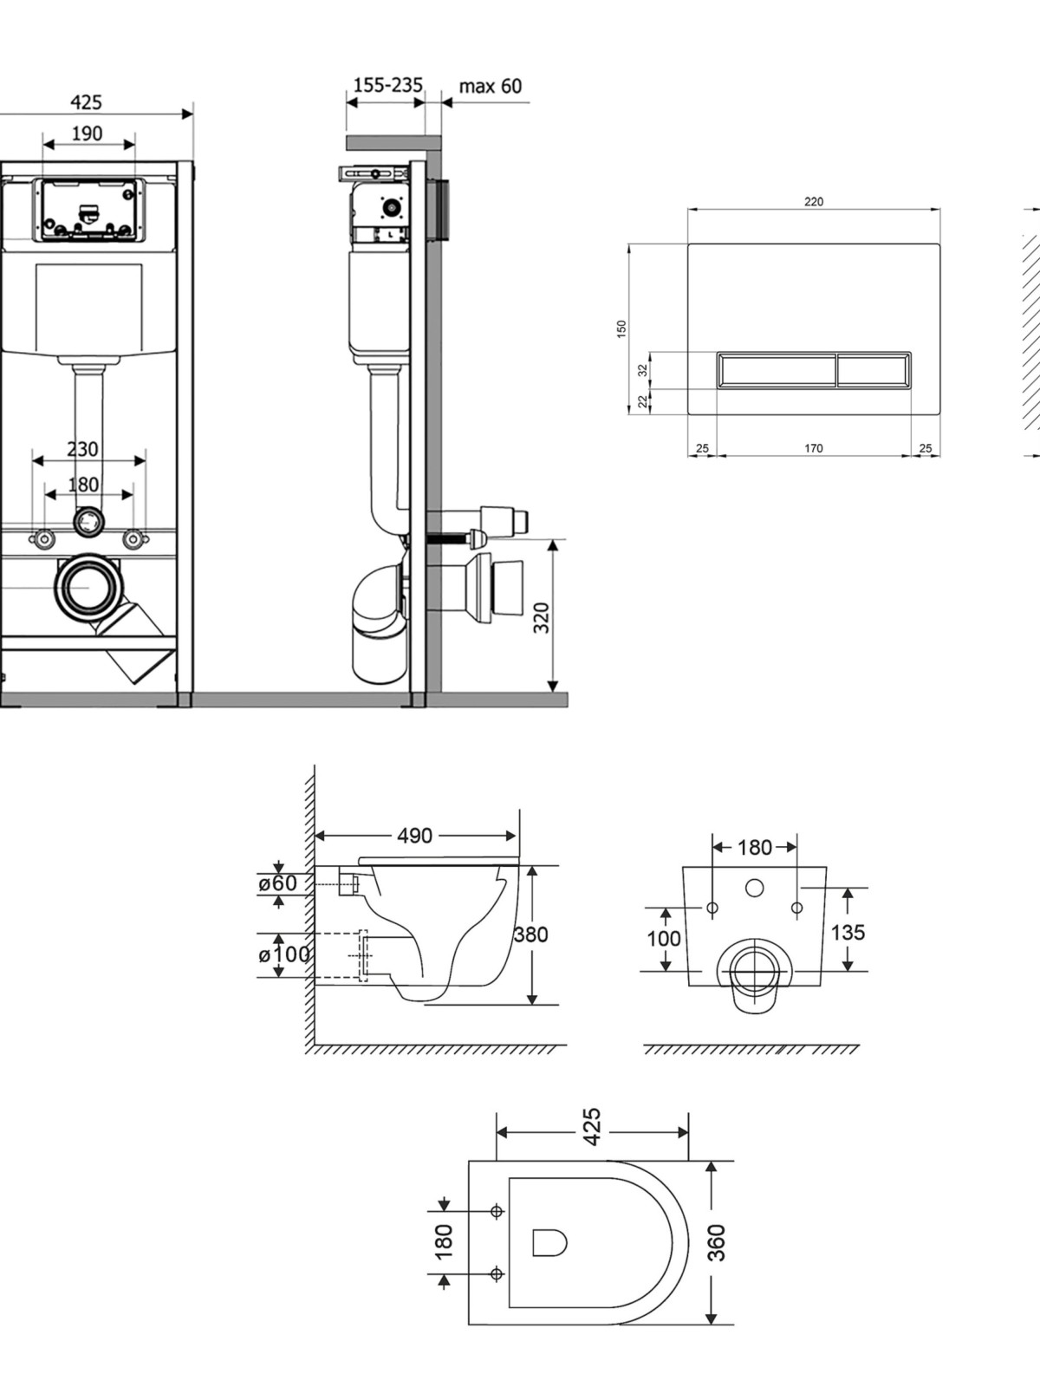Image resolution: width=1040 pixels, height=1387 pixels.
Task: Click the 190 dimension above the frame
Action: point(88,134)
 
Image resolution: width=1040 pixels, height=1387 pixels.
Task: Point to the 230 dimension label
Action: point(82,449)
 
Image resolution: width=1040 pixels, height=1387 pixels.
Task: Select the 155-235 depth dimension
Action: point(387,85)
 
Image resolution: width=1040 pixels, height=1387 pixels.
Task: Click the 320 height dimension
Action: point(542,617)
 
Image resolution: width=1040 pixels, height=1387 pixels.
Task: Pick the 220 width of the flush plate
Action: point(814,202)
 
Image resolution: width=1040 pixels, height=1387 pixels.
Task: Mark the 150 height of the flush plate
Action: point(621,329)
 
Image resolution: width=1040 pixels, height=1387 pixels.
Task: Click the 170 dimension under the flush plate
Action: point(813,448)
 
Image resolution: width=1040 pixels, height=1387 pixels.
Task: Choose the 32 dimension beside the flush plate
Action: point(643,370)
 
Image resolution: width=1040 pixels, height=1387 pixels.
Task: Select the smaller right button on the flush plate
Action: point(874,369)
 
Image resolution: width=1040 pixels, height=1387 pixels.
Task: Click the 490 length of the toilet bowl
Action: point(415,836)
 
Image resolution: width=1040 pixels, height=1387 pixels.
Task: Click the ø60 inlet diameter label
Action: point(277,882)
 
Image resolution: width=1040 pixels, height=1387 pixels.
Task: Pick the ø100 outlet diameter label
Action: point(283,954)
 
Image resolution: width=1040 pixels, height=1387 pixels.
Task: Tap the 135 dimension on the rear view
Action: point(848,932)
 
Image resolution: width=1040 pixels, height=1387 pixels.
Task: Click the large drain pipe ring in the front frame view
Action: point(88,588)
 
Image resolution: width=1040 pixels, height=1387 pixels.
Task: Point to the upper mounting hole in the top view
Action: point(497,1211)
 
